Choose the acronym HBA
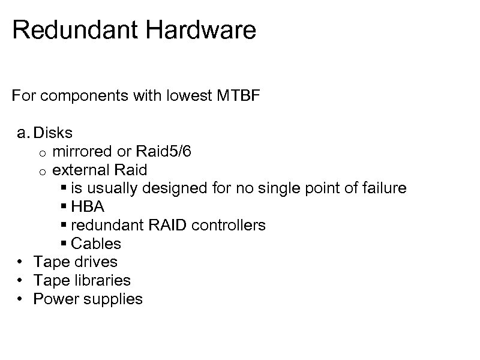point(88,207)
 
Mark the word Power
point(54,299)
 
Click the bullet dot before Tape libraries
point(20,280)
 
